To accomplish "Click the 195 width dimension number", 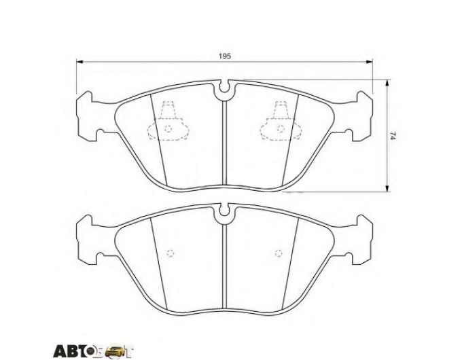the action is point(224,56).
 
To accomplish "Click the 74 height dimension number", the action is point(392,136).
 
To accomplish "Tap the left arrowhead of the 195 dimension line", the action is point(79,62).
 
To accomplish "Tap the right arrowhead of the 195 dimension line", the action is point(369,62).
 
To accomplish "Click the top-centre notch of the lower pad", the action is point(224,211).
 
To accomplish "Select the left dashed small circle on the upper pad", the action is point(168,129).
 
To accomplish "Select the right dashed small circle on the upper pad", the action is point(281,129).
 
